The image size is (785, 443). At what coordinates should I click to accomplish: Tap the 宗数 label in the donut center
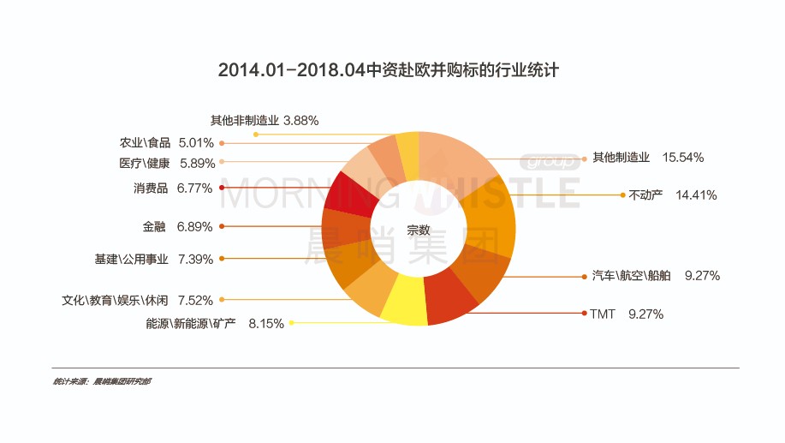pyautogui.click(x=419, y=230)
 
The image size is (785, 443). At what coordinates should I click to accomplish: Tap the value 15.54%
pyautogui.click(x=683, y=158)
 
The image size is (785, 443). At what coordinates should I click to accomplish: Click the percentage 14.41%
pyautogui.click(x=696, y=195)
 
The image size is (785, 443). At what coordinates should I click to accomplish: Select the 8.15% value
pyautogui.click(x=266, y=324)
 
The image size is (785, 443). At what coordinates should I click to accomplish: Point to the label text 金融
pyautogui.click(x=154, y=227)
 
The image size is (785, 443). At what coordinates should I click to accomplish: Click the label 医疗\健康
pyautogui.click(x=145, y=163)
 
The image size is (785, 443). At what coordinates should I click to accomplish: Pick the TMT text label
pyautogui.click(x=603, y=314)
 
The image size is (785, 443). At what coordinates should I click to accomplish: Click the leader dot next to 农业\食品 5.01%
pyautogui.click(x=222, y=143)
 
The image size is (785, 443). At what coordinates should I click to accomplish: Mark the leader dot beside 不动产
pyautogui.click(x=622, y=195)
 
